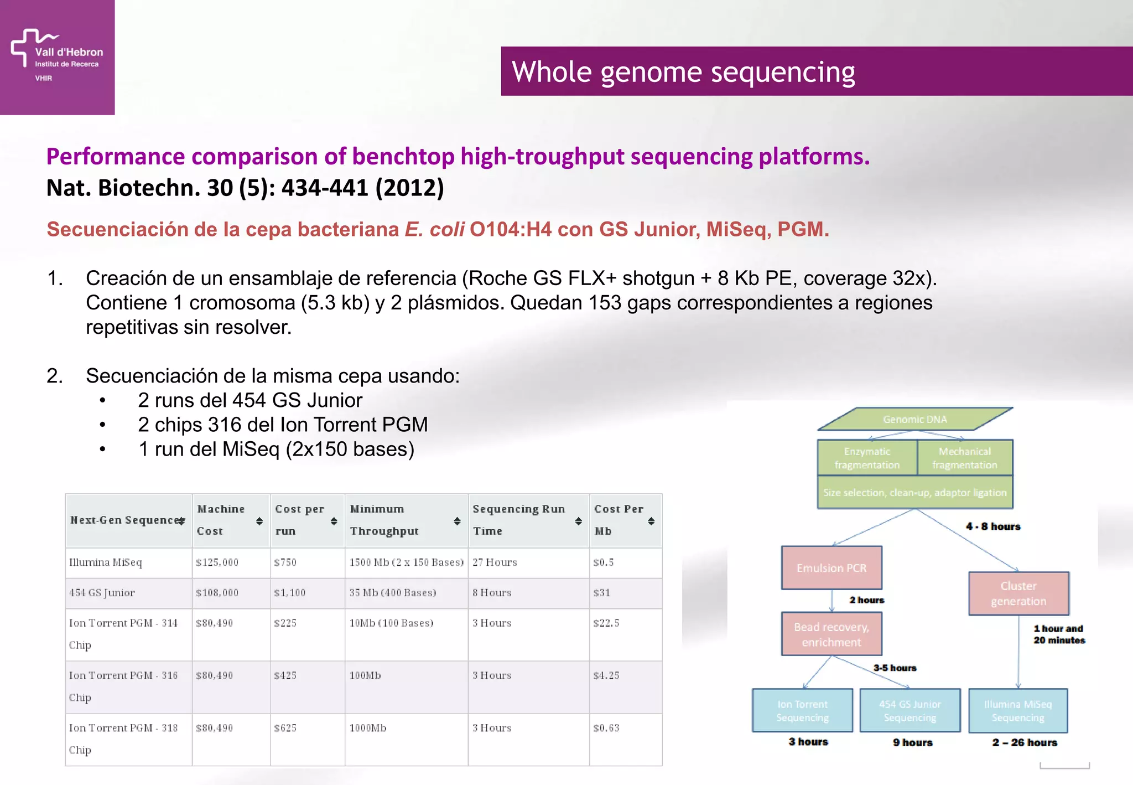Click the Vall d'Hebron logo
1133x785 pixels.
(56, 55)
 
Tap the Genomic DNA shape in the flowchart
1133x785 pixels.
(914, 420)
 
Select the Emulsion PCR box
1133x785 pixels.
(831, 568)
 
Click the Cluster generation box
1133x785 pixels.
(1018, 593)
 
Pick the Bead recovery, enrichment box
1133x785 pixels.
(831, 634)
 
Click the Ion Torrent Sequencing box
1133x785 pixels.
(802, 711)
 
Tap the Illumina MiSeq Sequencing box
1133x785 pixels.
(1017, 711)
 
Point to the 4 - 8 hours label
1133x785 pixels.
(992, 526)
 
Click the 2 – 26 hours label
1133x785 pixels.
(1024, 743)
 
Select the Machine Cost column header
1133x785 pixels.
(221, 520)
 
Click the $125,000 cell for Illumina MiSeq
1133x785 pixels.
(217, 562)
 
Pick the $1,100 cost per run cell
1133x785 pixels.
(290, 593)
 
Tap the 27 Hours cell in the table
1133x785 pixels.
(495, 562)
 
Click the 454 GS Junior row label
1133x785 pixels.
(102, 593)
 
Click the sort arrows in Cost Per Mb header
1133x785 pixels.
(651, 521)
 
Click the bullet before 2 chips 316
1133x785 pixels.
(102, 425)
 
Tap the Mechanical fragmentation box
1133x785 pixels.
(964, 458)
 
